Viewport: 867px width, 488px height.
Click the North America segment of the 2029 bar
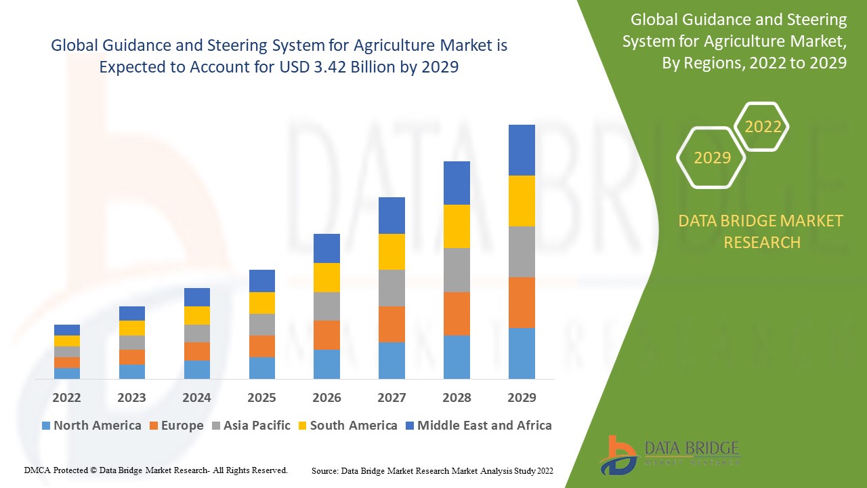[522, 353]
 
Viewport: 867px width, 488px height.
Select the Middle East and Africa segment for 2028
[457, 183]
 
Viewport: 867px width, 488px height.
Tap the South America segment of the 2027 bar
[392, 251]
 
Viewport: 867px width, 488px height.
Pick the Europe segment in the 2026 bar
[326, 335]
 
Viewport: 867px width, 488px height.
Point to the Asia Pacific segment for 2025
[262, 325]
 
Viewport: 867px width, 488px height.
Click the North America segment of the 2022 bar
[67, 373]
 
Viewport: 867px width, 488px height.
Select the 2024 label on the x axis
[196, 397]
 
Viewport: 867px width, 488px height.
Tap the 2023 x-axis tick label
[131, 397]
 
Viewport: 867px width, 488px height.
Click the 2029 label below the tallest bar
[522, 397]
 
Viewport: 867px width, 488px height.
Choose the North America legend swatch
[46, 426]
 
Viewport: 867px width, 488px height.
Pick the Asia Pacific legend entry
[250, 426]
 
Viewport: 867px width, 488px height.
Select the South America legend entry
[347, 426]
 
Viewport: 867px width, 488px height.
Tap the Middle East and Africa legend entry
[478, 426]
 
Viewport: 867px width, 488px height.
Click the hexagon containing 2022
[763, 127]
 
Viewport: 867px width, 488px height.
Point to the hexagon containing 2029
[712, 158]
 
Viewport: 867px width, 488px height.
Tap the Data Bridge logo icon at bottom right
[617, 455]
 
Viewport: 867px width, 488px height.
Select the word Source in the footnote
[324, 470]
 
